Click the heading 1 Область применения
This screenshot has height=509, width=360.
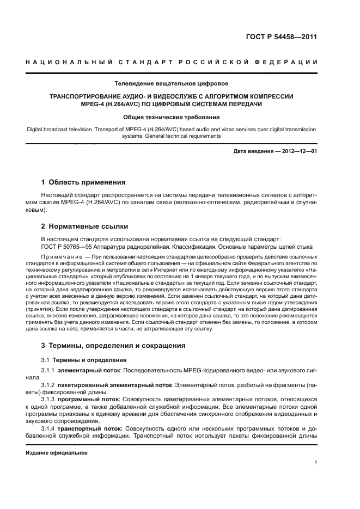[x=83, y=182]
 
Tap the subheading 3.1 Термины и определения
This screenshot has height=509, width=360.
[x=84, y=360]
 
